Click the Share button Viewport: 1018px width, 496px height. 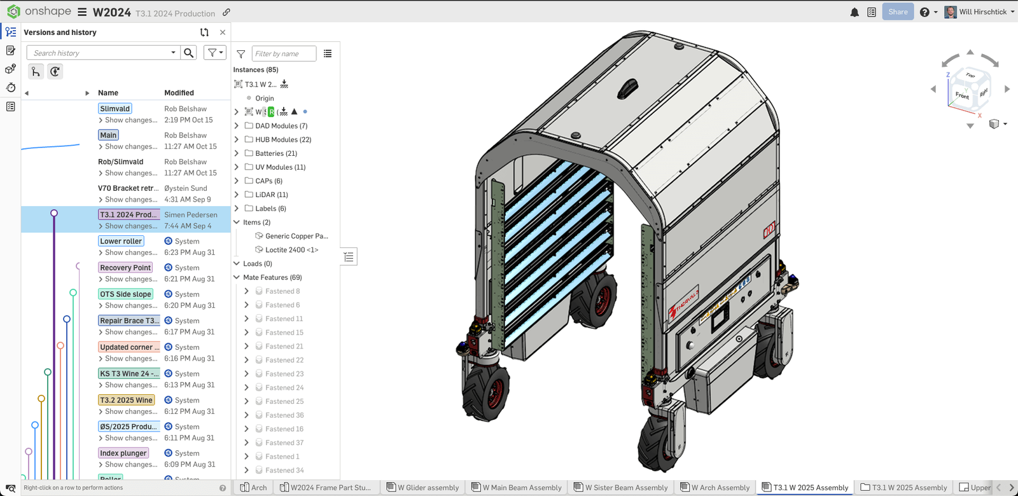tap(898, 12)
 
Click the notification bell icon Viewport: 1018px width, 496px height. tap(854, 12)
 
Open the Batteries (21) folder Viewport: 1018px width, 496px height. tap(275, 153)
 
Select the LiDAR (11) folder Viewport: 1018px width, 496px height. tap(271, 195)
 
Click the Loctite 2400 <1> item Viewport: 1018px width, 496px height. tap(291, 250)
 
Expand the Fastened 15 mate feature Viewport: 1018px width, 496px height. tap(247, 333)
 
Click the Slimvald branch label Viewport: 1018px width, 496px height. tap(115, 109)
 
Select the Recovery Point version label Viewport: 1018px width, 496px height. tap(125, 268)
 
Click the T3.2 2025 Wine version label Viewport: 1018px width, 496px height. tap(126, 400)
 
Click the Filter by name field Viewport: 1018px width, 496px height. tap(283, 54)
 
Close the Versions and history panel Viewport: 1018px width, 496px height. tap(222, 32)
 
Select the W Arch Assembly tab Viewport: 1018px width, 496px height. tap(715, 488)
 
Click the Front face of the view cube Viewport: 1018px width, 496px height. tap(961, 96)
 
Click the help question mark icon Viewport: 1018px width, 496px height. tap(924, 12)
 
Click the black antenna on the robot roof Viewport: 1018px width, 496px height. tap(627, 86)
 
